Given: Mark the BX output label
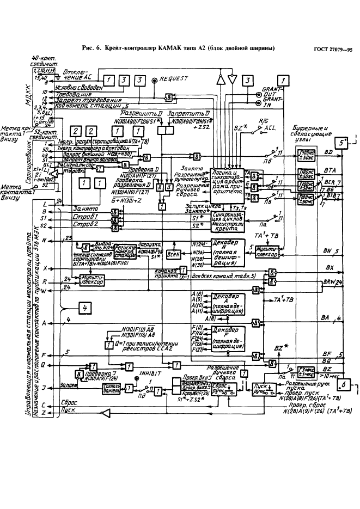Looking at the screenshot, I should [x=329, y=268].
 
